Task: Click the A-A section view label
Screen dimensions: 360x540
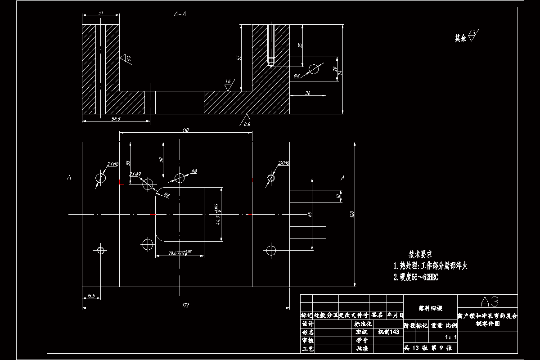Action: coord(180,14)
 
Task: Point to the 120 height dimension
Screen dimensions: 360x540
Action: coord(352,215)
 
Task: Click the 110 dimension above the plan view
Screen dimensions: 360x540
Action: coord(185,130)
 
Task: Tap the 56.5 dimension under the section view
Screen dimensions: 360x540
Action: coord(116,118)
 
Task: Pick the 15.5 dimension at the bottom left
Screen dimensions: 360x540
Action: coord(91,295)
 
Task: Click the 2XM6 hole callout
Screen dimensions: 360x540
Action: coord(283,163)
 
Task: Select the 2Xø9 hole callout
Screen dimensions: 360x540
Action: coord(135,174)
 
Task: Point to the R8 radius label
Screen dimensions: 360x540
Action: coord(167,195)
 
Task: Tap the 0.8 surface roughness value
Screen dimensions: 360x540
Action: coord(247,124)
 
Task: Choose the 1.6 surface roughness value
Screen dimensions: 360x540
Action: coord(228,81)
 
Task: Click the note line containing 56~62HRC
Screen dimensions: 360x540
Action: coord(416,278)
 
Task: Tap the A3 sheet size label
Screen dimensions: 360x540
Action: coord(489,301)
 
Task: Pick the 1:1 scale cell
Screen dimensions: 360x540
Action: coord(450,337)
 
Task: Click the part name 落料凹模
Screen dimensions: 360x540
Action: coord(431,308)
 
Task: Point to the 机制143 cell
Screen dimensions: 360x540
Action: coord(388,332)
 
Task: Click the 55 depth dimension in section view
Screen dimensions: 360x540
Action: coord(239,58)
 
